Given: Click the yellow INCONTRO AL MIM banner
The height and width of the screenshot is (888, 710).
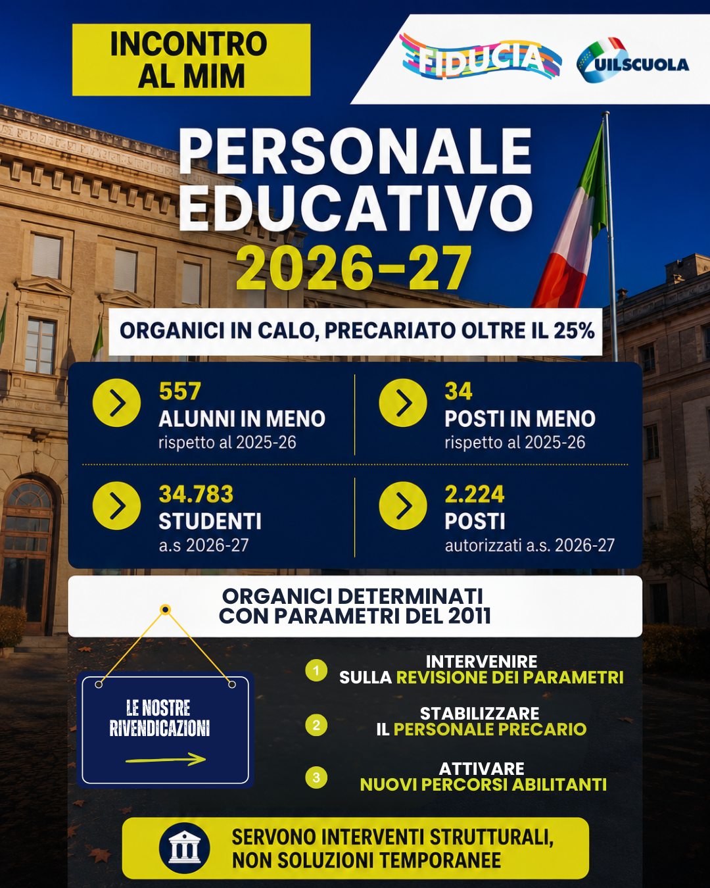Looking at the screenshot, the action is click(x=191, y=60).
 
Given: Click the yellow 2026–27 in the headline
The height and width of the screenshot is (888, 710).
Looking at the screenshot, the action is click(x=354, y=268).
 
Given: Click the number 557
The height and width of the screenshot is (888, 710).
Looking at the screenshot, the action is click(x=180, y=391).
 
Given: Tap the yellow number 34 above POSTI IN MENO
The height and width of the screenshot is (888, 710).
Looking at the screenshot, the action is click(x=458, y=391).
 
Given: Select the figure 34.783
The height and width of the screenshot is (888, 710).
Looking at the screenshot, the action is click(x=196, y=494).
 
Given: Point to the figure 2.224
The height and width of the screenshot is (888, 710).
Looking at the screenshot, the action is click(x=475, y=494).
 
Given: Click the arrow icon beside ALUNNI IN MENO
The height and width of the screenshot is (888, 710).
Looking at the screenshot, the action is click(x=116, y=403).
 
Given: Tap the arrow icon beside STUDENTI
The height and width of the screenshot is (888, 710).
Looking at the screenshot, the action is click(x=116, y=505).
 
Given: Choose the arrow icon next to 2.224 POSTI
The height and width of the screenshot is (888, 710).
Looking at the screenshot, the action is click(x=402, y=505).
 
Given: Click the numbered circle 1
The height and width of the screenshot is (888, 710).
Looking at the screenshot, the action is click(x=316, y=670).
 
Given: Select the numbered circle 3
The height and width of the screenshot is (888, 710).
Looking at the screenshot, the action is click(x=316, y=777).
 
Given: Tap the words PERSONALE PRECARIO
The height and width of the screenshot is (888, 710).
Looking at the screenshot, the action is click(x=490, y=729).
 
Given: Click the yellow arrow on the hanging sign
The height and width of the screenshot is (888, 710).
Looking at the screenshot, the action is click(x=166, y=759).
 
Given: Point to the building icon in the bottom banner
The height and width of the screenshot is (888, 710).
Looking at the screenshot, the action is click(x=185, y=848).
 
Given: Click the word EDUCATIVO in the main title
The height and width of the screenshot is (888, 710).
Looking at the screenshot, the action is click(x=356, y=208).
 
